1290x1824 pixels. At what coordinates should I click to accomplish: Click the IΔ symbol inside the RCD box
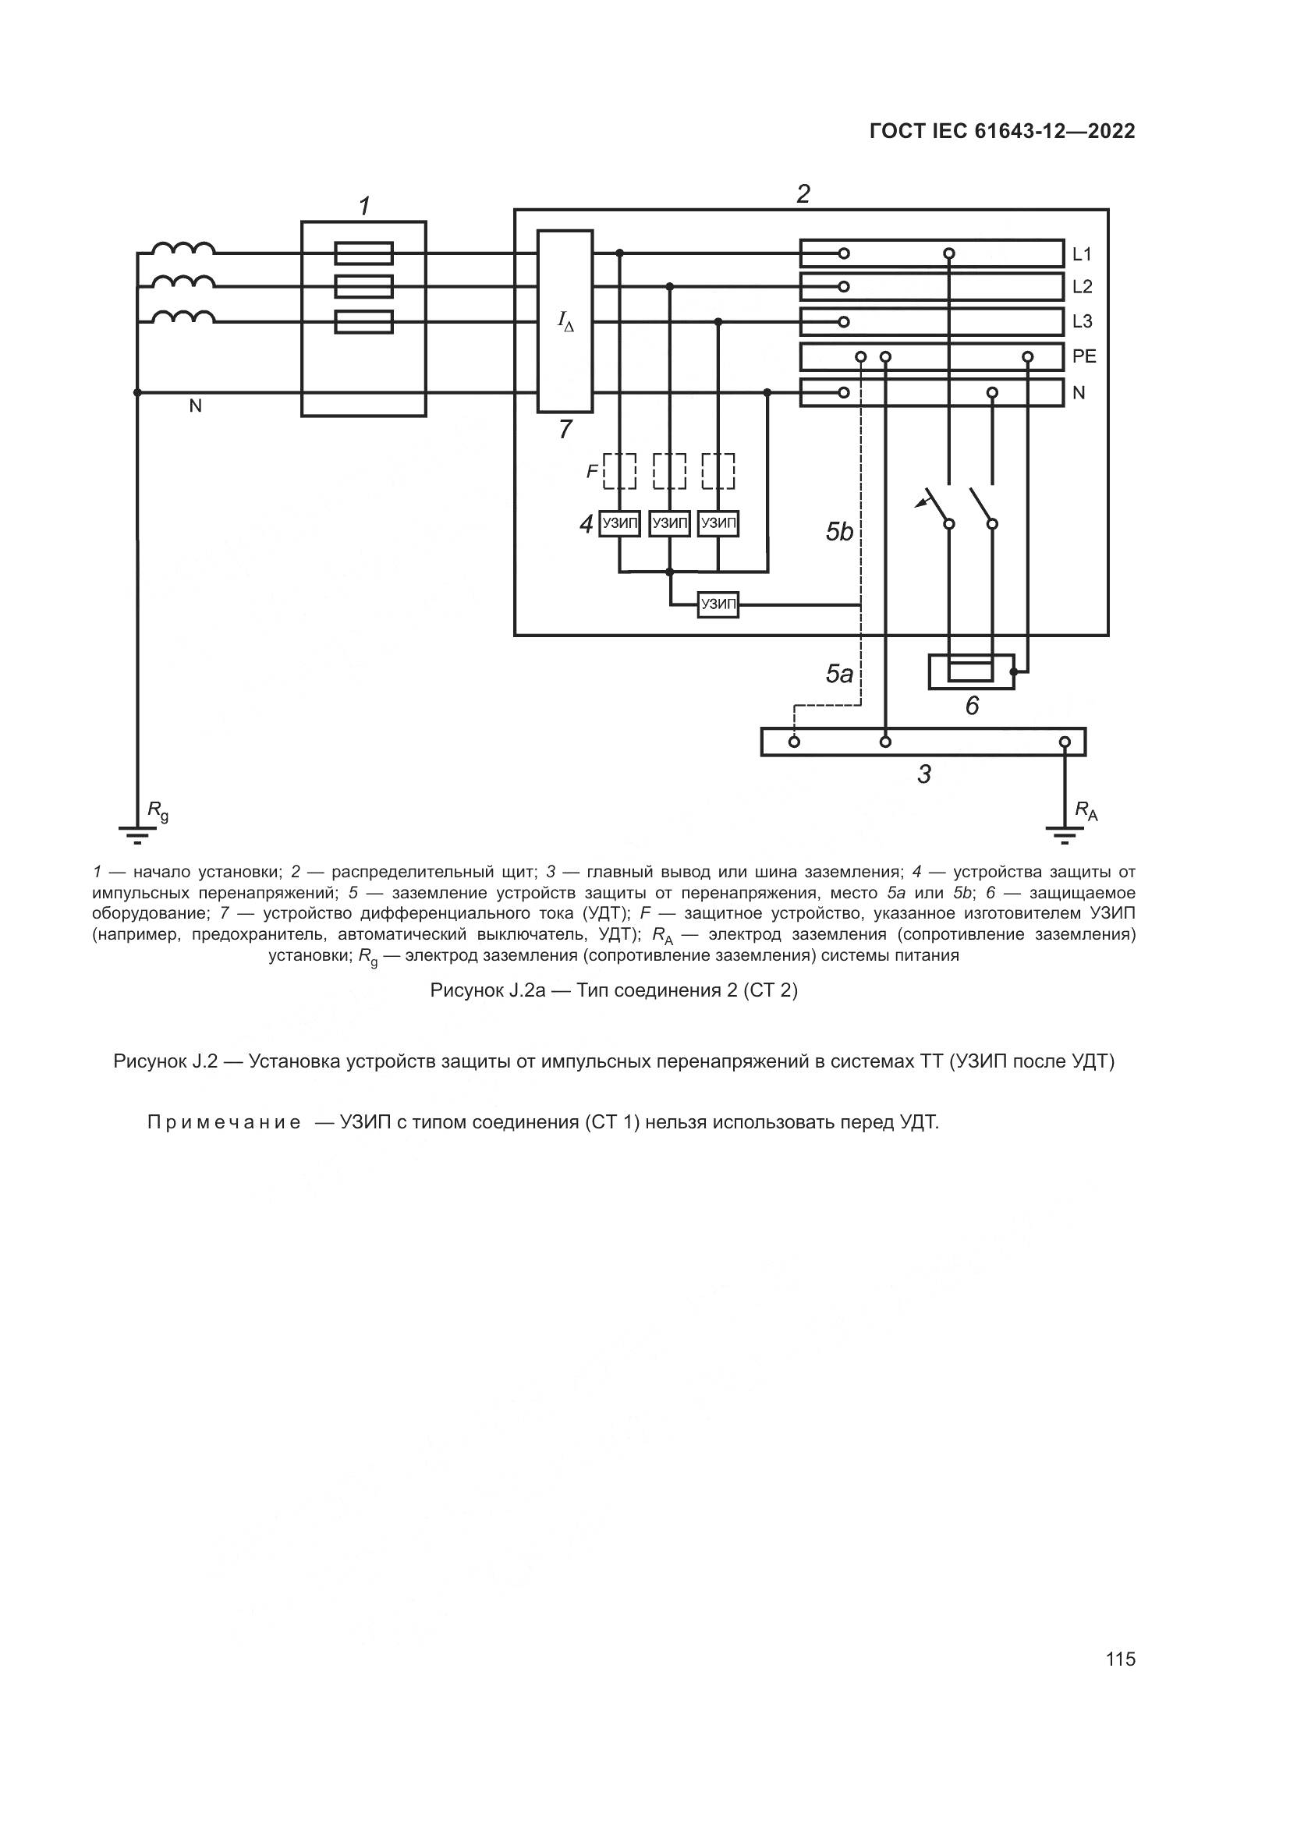565,322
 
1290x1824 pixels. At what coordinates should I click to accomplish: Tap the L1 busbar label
1082,254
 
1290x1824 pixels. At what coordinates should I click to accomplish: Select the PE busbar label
1084,356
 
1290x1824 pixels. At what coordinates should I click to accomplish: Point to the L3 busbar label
1082,322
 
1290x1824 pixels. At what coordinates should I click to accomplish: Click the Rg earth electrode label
158,812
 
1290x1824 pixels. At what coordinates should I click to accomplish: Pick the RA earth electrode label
1086,811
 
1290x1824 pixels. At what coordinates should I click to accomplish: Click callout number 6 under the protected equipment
972,706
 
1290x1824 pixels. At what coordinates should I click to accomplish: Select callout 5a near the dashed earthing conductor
839,675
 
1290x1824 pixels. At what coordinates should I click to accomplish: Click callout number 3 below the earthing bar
923,774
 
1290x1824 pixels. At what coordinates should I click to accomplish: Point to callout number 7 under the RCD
565,430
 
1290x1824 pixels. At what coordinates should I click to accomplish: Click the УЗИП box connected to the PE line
718,605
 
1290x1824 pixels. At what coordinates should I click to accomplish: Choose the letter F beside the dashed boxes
592,472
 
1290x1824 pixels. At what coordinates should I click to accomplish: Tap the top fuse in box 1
363,253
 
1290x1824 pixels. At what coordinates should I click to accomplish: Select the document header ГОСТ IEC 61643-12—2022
1002,132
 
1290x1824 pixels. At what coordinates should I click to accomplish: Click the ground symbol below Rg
137,834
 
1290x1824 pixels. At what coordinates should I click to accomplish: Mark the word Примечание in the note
224,1122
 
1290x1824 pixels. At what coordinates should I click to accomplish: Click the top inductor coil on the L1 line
183,248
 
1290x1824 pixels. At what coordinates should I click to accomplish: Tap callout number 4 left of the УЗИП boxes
587,524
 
